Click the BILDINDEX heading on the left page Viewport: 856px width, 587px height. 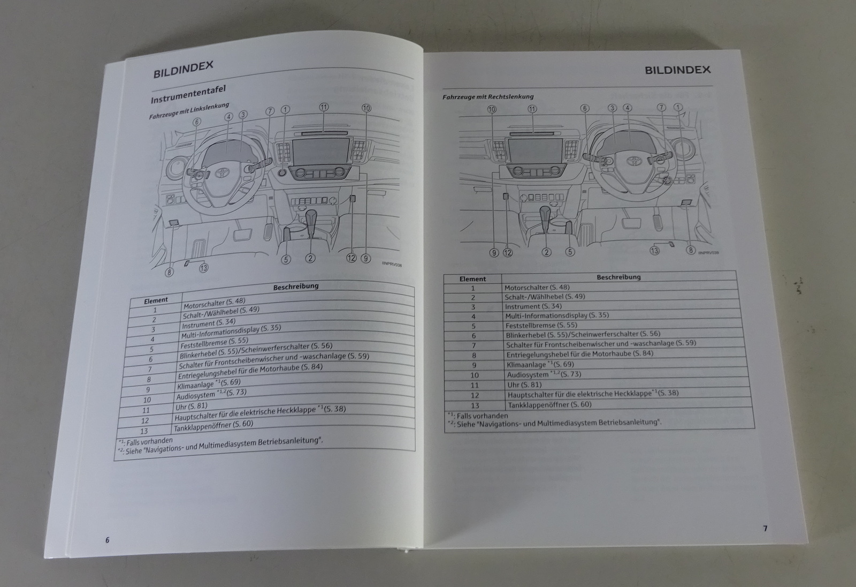coord(183,69)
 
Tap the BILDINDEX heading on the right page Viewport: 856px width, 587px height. coord(677,70)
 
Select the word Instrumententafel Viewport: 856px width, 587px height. coord(188,94)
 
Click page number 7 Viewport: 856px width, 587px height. coord(765,529)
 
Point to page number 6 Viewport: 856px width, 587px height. coord(108,540)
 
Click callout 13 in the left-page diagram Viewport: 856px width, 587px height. coord(203,268)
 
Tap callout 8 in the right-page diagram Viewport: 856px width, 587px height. coord(690,250)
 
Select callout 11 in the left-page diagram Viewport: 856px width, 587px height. coord(324,107)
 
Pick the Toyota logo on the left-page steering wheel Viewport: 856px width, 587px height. coord(221,173)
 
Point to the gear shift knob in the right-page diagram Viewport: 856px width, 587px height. coord(545,213)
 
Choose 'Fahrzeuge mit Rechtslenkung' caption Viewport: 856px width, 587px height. coord(488,97)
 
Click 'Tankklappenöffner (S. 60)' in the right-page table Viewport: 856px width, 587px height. coord(549,404)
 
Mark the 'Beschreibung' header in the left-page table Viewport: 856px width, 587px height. coord(296,286)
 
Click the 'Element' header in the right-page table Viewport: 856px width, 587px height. coord(473,279)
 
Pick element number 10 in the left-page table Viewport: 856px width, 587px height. coord(147,400)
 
